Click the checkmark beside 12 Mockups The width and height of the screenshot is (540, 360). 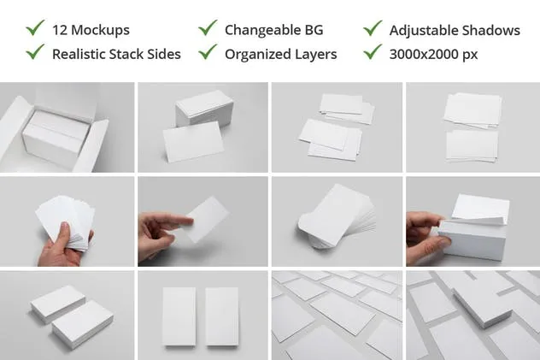tap(35, 27)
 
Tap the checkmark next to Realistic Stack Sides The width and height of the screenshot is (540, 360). tap(35, 51)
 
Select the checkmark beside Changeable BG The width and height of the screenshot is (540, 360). tap(208, 27)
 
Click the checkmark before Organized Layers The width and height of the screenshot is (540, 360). tap(208, 51)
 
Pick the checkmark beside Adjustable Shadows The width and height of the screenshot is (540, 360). tap(373, 27)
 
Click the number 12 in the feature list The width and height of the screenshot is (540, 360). tap(60, 30)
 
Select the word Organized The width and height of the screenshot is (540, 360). tap(258, 55)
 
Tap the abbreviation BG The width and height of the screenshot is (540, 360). tap(314, 30)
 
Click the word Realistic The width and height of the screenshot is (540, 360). tap(78, 54)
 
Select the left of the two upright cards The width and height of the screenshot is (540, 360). tap(179, 316)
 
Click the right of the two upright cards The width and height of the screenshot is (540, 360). tap(222, 316)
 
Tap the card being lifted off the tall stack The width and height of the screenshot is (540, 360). tap(480, 209)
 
